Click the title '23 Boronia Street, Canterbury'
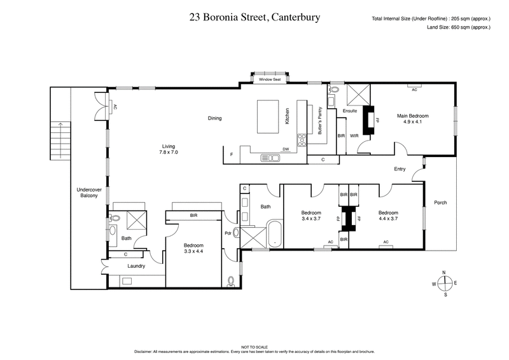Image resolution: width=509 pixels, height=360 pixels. [254, 18]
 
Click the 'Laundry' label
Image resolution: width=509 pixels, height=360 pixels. [137, 266]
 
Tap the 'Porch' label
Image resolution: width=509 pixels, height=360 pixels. [440, 203]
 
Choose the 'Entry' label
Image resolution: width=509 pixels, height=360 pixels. [400, 169]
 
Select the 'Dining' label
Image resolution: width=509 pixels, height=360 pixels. [215, 118]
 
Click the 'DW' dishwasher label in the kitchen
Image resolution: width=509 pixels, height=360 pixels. [286, 150]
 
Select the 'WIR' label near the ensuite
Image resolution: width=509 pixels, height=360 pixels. [354, 135]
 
